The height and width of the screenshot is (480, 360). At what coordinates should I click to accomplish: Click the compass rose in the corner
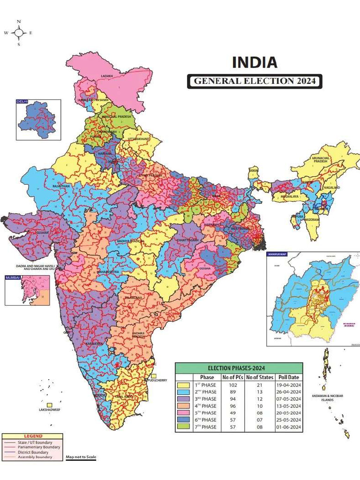tap(19, 33)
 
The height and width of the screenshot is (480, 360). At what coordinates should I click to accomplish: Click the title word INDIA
tap(255, 62)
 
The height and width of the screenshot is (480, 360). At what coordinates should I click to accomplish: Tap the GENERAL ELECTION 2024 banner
tap(255, 81)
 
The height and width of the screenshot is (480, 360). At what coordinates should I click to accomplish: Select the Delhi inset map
tap(38, 120)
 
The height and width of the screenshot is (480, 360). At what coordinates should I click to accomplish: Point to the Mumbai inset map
tap(27, 290)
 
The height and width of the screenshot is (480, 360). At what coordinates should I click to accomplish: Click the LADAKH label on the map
tap(107, 75)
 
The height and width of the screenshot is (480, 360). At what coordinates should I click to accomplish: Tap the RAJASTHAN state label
tap(61, 186)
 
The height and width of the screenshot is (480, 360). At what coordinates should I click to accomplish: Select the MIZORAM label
tap(313, 219)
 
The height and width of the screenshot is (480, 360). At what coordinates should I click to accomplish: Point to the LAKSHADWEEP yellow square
tap(49, 405)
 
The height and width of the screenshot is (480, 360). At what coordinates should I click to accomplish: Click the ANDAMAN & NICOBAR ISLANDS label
tap(328, 398)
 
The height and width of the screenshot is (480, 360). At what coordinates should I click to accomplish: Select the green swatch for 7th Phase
tap(184, 427)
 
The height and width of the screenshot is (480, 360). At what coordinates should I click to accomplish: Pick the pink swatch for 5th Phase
tap(184, 413)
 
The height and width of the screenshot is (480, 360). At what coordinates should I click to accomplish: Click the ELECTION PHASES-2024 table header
tap(239, 368)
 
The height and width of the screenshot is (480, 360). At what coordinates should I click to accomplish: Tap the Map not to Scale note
tap(81, 457)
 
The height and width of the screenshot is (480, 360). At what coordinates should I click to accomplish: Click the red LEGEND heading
tap(33, 436)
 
